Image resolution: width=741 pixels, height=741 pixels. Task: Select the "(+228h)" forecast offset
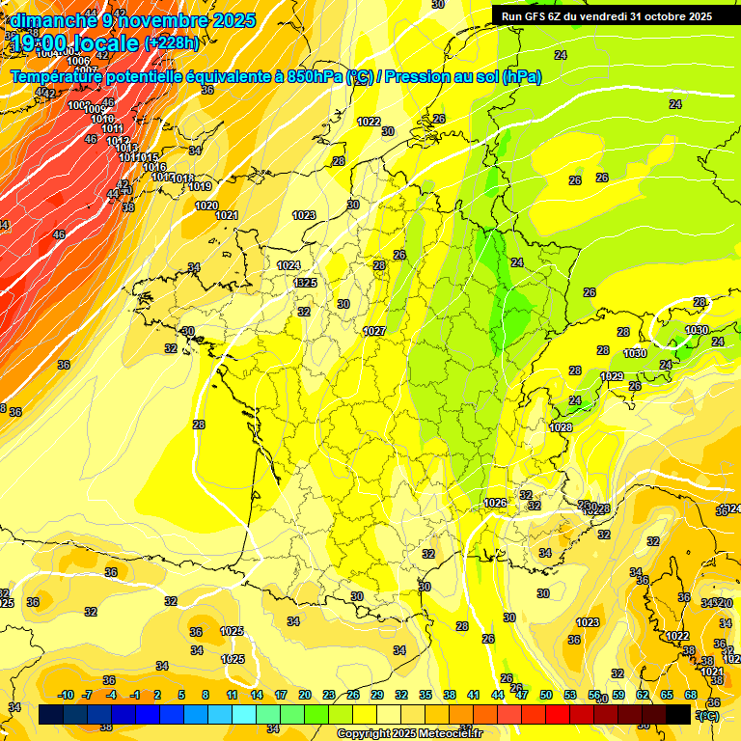tap(172, 43)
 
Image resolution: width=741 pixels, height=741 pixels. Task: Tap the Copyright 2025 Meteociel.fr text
tap(409, 734)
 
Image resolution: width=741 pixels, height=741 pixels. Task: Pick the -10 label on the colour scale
tap(66, 695)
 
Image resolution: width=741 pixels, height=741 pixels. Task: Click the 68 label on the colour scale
tap(691, 695)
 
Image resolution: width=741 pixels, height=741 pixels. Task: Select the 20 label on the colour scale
tap(304, 695)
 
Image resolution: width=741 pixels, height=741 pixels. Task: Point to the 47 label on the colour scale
tap(521, 695)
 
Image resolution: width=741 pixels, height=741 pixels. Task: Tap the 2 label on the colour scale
tap(157, 695)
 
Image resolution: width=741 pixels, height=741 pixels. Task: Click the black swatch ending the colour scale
tap(678, 714)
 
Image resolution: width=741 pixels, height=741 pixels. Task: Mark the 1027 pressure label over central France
tap(374, 331)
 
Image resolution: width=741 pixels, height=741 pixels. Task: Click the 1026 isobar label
tap(496, 503)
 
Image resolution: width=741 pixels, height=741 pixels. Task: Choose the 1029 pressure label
tap(612, 376)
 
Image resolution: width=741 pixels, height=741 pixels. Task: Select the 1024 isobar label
tap(288, 265)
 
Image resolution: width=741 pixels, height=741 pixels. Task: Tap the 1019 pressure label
tap(200, 186)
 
